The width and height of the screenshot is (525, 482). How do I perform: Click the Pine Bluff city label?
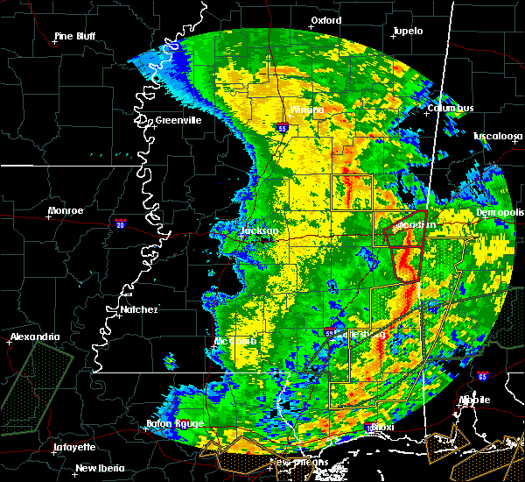click(x=74, y=36)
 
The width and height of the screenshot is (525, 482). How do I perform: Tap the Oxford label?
click(x=325, y=19)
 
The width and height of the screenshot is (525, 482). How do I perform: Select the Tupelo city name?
click(x=408, y=31)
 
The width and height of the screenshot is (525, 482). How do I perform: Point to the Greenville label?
click(x=178, y=120)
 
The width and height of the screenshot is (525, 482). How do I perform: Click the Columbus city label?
click(x=451, y=108)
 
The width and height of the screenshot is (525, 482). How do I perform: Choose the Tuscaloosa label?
click(x=497, y=136)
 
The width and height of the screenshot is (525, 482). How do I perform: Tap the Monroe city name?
click(x=66, y=210)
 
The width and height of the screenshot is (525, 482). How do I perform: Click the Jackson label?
click(x=258, y=231)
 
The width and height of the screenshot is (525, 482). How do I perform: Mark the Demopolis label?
click(x=500, y=212)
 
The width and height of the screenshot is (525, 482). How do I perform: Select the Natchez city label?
click(x=138, y=309)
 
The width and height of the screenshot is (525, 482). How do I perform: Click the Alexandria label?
click(x=35, y=337)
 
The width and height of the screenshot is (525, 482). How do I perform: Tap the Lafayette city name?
click(x=73, y=446)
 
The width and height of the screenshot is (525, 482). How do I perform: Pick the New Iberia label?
click(x=99, y=467)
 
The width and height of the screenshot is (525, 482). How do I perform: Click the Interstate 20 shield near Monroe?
click(x=120, y=223)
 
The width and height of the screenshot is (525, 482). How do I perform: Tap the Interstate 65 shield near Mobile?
click(x=483, y=376)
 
